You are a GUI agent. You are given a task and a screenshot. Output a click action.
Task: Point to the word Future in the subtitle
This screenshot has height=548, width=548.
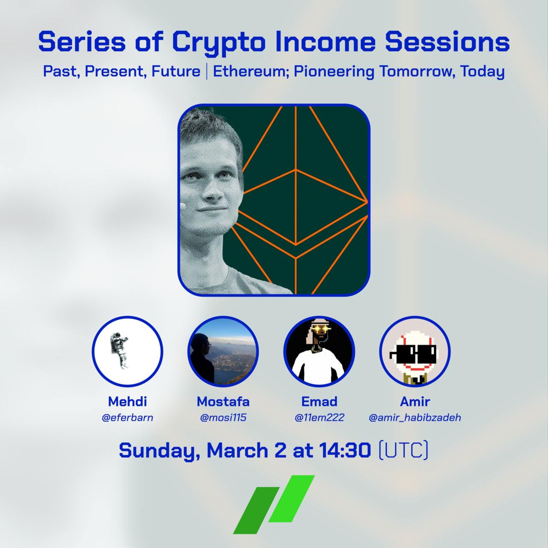pyautogui.click(x=176, y=71)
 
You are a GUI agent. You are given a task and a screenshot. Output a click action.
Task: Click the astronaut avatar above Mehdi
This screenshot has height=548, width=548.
pyautogui.click(x=127, y=352)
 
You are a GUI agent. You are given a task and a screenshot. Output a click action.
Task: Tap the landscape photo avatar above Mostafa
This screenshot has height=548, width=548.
pyautogui.click(x=223, y=352)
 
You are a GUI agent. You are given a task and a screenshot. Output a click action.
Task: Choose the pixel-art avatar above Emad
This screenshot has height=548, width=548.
pyautogui.click(x=319, y=352)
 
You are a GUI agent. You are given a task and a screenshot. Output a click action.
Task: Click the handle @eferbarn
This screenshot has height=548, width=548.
pyautogui.click(x=127, y=418)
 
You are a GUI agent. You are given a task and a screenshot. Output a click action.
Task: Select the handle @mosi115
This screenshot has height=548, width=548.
pyautogui.click(x=223, y=418)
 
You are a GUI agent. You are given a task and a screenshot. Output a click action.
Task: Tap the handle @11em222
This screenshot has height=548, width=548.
pyautogui.click(x=319, y=418)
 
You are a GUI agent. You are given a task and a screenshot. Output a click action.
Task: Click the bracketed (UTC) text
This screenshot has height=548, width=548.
pyautogui.click(x=403, y=450)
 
